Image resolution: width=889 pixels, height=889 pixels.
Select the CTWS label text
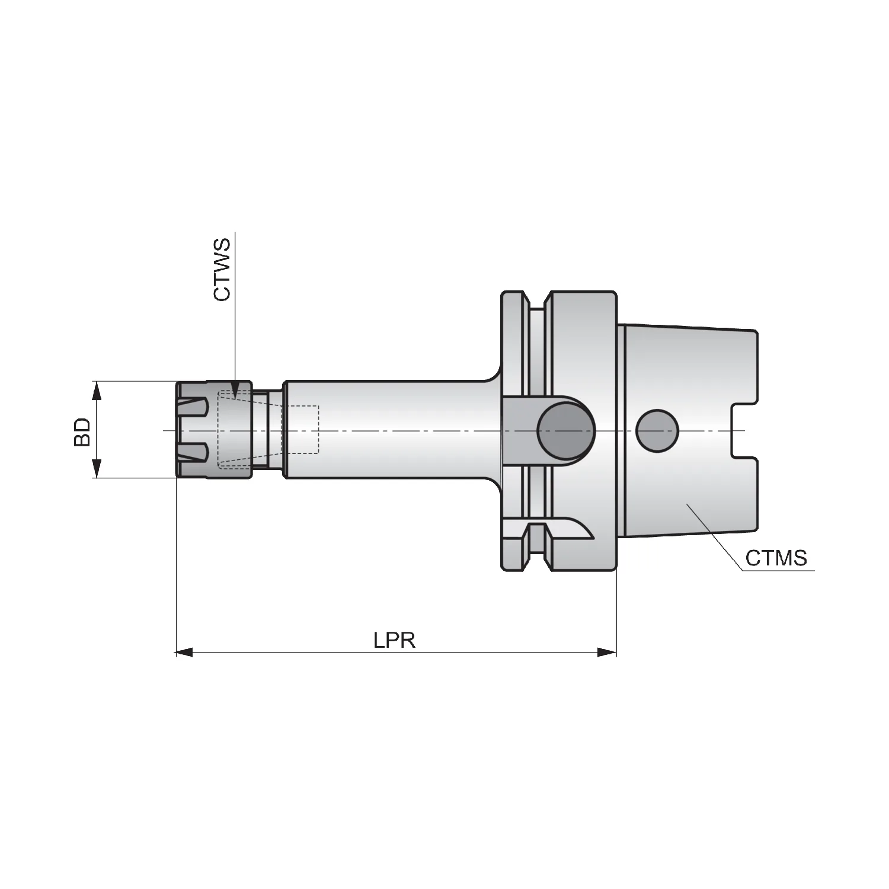pyautogui.click(x=222, y=269)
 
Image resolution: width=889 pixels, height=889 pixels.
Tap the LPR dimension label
pyautogui.click(x=394, y=640)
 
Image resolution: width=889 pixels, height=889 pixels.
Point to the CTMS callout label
pyautogui.click(x=776, y=558)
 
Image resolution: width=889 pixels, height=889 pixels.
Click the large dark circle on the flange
pyautogui.click(x=566, y=431)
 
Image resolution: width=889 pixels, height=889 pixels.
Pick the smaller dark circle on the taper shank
pyautogui.click(x=657, y=430)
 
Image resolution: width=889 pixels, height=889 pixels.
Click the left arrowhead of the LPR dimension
pyautogui.click(x=184, y=653)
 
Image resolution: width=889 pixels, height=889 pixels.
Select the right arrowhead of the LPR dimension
pyautogui.click(x=607, y=653)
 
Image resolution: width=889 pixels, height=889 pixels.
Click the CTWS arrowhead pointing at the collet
pyautogui.click(x=235, y=389)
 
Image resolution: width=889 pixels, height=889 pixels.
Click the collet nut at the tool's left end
pyautogui.click(x=214, y=430)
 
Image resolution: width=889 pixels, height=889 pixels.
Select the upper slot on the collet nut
pyautogui.click(x=193, y=408)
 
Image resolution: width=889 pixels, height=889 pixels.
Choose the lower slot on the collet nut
pyautogui.click(x=193, y=452)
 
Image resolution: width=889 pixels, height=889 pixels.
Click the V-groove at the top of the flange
pyautogui.click(x=536, y=300)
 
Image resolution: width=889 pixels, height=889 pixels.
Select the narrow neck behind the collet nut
pyautogui.click(x=267, y=430)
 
